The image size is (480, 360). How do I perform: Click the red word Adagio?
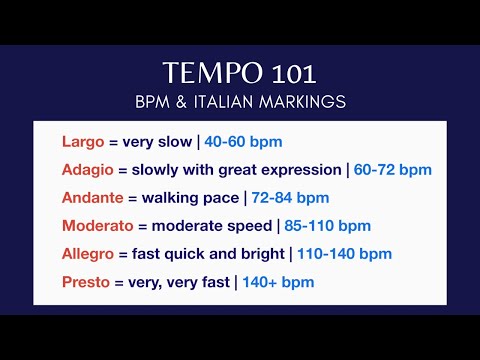pyautogui.click(x=89, y=169)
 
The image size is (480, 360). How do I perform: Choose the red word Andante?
pyautogui.click(x=93, y=197)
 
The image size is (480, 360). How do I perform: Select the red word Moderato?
pyautogui.click(x=99, y=225)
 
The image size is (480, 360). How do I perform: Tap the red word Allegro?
pyautogui.click(x=88, y=254)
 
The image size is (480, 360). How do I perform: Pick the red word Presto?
pyautogui.click(x=85, y=282)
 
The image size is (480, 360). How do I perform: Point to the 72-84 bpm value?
pyautogui.click(x=289, y=197)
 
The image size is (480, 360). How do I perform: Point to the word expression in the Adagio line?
pyautogui.click(x=303, y=169)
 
